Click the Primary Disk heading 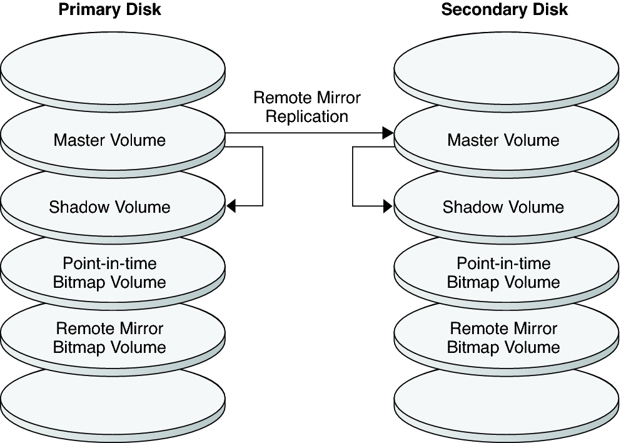pos(109,10)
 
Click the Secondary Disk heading pos(504,10)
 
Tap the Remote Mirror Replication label pos(307,107)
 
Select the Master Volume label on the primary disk pos(109,140)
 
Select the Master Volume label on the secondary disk pos(503,140)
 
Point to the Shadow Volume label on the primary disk pos(109,207)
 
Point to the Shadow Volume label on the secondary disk pos(503,207)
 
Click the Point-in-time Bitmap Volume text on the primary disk pos(109,273)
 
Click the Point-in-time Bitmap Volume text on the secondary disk pos(503,273)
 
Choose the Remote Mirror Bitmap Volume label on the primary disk pos(109,338)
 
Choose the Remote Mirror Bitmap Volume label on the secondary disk pos(503,338)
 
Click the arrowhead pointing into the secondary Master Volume pos(388,133)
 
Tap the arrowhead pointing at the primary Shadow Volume pos(231,206)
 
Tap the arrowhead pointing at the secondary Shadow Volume pos(388,206)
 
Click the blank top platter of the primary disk pos(113,66)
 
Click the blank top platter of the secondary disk pos(507,66)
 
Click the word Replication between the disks pos(307,116)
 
